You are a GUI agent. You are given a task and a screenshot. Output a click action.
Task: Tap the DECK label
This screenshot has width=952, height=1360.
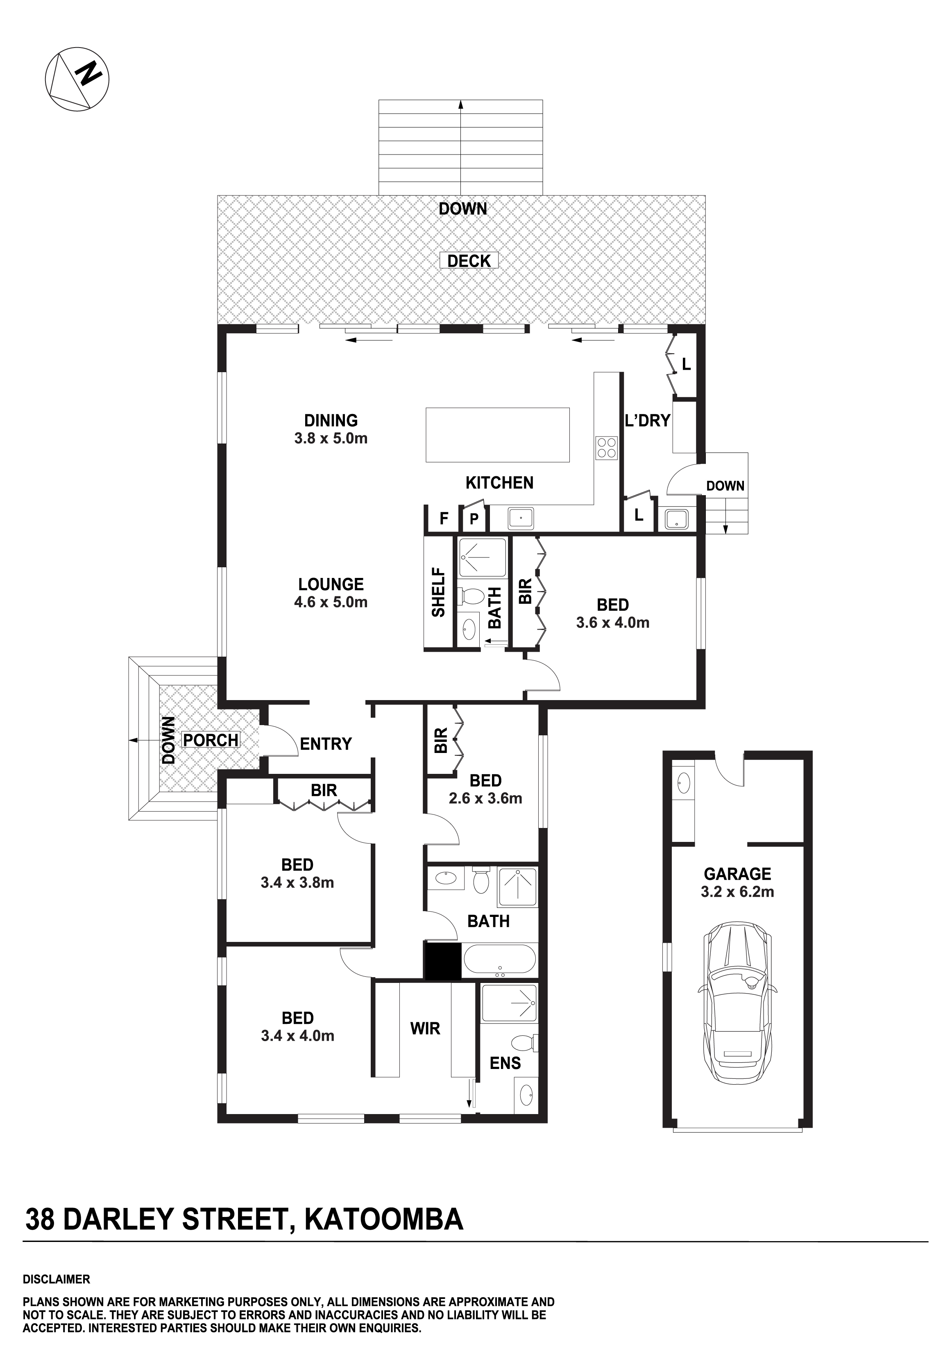click(x=469, y=261)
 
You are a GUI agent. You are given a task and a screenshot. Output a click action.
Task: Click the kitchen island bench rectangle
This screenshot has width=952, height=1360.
click(x=498, y=435)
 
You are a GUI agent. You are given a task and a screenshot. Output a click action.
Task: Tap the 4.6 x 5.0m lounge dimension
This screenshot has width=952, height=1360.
click(x=331, y=603)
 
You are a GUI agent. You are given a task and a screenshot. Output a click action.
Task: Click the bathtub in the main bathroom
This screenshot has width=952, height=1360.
click(x=500, y=960)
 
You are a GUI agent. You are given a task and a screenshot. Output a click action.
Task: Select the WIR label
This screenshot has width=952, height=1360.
click(x=425, y=1028)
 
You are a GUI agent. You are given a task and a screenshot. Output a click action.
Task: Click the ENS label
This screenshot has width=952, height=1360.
click(x=505, y=1063)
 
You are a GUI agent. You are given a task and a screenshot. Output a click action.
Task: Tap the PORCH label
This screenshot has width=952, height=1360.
click(x=211, y=740)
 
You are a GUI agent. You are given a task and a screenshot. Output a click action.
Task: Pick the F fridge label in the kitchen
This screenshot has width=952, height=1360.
click(x=444, y=519)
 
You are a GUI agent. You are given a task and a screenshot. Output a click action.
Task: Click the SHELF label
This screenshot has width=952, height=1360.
click(x=438, y=592)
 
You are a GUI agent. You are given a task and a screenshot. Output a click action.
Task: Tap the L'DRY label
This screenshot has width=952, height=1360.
click(x=648, y=421)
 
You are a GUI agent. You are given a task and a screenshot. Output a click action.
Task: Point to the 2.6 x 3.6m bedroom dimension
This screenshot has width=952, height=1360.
click(x=485, y=798)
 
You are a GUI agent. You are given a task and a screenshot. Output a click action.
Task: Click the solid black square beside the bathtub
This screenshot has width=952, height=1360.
click(x=443, y=960)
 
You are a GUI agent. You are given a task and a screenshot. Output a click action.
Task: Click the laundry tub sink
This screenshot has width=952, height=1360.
click(x=675, y=519)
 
